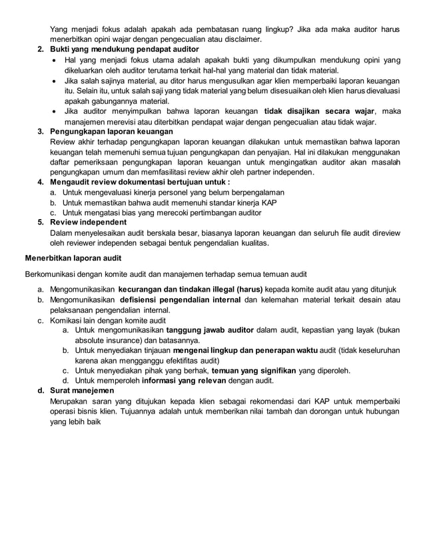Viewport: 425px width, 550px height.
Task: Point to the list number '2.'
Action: coord(41,50)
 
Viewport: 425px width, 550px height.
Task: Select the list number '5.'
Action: coord(41,222)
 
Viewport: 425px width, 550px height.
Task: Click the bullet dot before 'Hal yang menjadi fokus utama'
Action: coord(54,61)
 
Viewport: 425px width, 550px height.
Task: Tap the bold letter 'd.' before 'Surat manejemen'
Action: coord(41,391)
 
